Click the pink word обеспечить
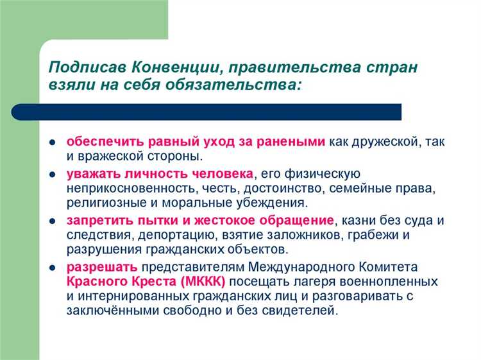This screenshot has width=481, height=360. point(106,142)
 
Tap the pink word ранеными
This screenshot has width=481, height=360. point(293,142)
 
